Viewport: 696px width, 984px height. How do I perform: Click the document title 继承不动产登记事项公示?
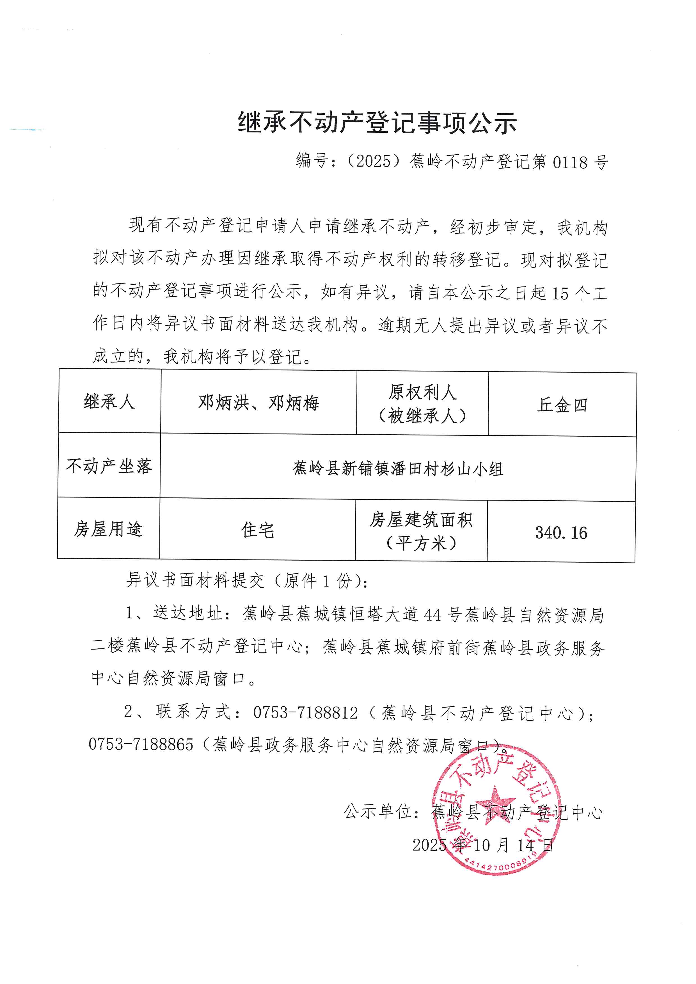[x=377, y=123]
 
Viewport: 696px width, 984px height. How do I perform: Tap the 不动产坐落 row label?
[x=109, y=466]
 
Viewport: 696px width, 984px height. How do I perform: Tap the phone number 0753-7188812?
[x=305, y=713]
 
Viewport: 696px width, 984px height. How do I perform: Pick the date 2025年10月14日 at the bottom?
[x=483, y=845]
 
